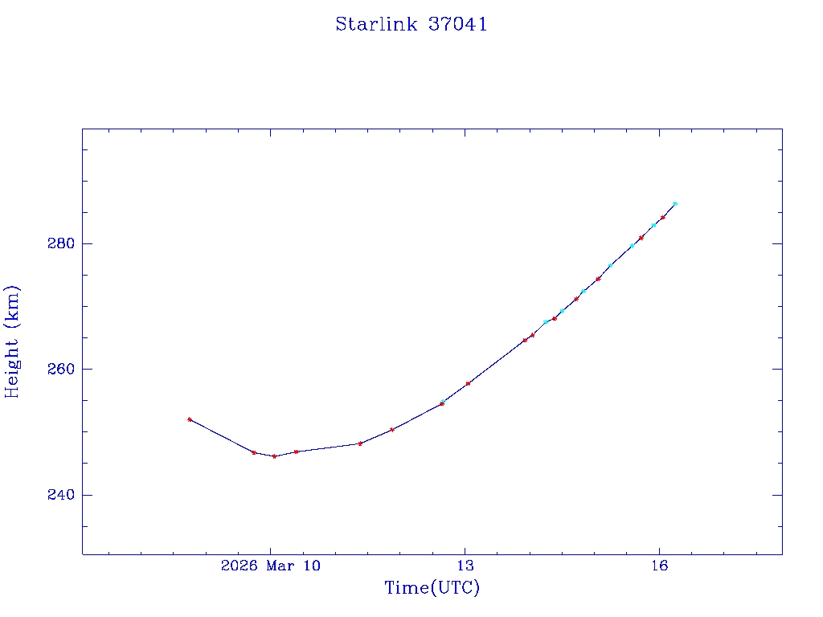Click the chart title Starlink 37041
click(x=411, y=24)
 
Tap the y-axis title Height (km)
click(x=12, y=341)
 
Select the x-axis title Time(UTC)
click(x=432, y=588)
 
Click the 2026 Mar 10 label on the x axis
click(x=270, y=566)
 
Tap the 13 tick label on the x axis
click(x=465, y=566)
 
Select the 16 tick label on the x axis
click(x=659, y=566)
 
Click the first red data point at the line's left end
click(x=190, y=419)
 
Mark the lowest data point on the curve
click(x=274, y=456)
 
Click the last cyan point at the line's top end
click(x=675, y=204)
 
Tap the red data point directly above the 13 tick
click(x=468, y=383)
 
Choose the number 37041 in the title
click(x=457, y=24)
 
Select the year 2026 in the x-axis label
click(x=237, y=566)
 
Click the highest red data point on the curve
click(x=663, y=217)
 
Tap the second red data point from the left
click(x=254, y=452)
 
